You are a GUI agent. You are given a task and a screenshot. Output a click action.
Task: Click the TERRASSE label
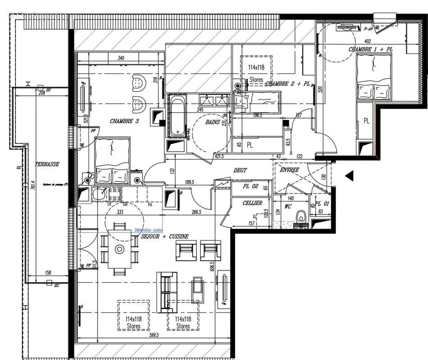(49, 165)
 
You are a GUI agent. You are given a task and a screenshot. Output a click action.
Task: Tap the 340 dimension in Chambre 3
(120, 58)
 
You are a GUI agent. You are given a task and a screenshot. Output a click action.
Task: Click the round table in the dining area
(120, 249)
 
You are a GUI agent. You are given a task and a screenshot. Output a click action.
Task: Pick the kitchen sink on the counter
(99, 195)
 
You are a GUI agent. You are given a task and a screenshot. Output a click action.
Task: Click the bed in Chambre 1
(373, 76)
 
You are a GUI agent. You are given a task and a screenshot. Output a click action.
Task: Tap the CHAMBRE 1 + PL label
(370, 49)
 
